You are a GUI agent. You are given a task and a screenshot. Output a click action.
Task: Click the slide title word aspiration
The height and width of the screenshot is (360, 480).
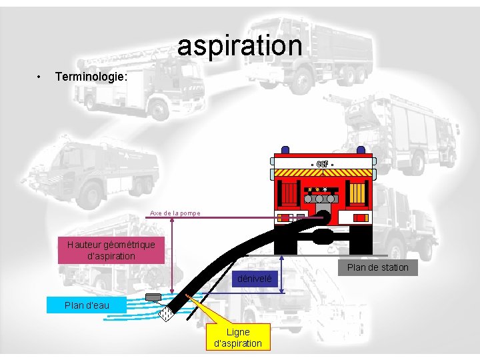click(x=239, y=45)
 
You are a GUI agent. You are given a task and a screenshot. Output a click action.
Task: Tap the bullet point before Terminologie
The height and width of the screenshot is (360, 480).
click(x=41, y=77)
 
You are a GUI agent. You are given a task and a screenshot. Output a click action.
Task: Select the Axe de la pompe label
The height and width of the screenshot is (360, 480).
click(x=175, y=213)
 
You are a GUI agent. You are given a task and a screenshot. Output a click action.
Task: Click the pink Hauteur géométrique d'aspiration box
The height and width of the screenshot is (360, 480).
click(x=111, y=250)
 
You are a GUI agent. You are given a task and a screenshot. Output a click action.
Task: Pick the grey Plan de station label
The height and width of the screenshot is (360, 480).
click(x=377, y=267)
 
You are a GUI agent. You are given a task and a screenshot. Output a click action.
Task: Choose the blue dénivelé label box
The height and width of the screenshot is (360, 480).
click(x=254, y=279)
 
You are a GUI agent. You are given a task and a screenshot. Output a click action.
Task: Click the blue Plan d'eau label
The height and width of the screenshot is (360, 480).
click(x=87, y=305)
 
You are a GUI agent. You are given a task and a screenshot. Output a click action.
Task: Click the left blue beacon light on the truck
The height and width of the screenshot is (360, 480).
click(x=286, y=151)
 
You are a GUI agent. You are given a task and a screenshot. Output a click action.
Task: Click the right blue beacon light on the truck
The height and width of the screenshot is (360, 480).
click(x=361, y=151)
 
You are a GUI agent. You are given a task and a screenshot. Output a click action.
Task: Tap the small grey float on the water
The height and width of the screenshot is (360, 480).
click(x=153, y=297)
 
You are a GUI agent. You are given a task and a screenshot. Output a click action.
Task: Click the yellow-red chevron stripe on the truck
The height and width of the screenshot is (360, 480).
click(x=323, y=173)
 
